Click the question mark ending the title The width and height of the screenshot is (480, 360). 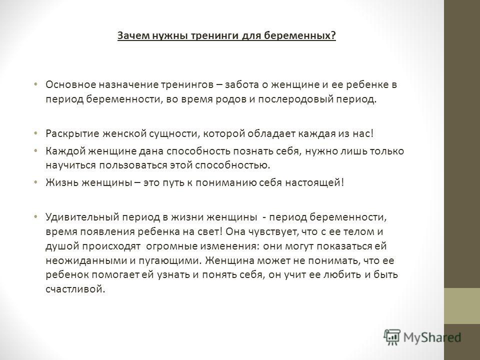[333, 35]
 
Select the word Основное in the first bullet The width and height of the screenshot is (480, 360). [70, 84]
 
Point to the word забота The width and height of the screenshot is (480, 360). [242, 84]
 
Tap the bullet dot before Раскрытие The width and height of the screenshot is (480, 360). [35, 133]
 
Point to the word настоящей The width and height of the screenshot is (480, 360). [313, 183]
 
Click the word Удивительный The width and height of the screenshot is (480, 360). [82, 217]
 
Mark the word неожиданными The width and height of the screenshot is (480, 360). [86, 260]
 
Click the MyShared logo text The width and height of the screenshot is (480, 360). [432, 337]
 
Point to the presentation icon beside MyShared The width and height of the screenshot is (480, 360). [392, 337]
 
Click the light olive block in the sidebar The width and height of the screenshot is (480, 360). [462, 306]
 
